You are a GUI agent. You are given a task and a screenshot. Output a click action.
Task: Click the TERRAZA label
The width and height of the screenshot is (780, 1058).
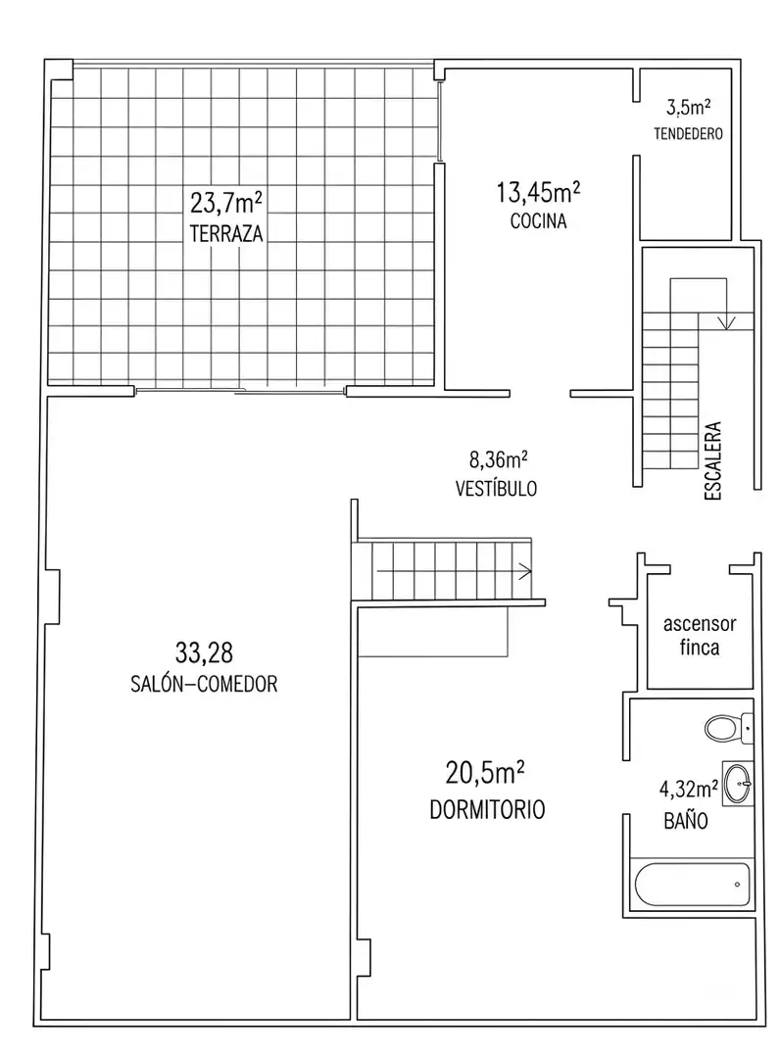226,233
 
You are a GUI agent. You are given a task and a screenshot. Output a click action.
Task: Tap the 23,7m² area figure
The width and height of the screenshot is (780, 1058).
226,202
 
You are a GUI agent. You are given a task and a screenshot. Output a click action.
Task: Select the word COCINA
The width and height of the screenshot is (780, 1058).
538,220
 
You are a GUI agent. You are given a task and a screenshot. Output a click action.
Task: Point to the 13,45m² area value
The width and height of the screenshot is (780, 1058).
538,192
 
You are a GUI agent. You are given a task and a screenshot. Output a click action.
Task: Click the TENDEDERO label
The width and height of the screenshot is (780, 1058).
688,133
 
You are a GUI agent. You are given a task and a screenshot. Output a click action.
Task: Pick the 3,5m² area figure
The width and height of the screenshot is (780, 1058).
688,107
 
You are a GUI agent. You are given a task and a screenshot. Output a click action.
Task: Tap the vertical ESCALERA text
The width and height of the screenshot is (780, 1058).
712,460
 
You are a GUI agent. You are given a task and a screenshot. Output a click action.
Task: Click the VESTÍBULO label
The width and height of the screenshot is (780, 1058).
496,488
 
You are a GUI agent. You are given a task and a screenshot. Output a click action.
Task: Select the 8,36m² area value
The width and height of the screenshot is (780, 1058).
498,459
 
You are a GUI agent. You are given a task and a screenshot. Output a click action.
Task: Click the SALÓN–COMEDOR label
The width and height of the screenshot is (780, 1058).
204,684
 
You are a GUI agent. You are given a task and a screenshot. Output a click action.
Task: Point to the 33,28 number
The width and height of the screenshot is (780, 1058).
204,652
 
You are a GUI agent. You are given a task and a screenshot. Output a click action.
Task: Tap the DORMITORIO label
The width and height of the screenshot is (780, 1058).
487,809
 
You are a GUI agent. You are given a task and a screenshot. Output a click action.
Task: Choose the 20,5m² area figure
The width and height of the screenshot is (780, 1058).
485,773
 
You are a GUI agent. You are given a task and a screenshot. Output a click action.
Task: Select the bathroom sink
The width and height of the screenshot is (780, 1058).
738,784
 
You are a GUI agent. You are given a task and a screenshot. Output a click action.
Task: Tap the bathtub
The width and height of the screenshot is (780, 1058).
692,885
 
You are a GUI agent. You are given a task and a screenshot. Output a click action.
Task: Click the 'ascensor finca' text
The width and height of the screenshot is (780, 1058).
700,636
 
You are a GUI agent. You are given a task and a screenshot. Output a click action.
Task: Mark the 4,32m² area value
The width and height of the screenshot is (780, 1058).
688,789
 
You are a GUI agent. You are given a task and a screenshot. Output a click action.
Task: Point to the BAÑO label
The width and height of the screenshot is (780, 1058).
686,821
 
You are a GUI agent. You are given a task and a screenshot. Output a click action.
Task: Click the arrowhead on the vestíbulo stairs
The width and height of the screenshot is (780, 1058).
525,571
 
